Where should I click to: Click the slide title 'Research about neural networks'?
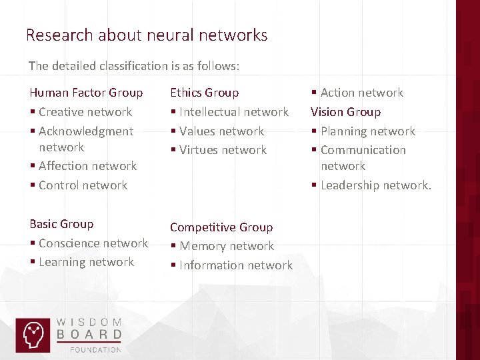147,35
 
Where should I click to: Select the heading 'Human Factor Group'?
86,93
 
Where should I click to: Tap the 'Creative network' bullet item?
85,112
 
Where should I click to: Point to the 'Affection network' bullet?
87,166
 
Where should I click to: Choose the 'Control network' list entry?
83,185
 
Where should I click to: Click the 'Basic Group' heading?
61,224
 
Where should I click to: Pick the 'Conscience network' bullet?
93,243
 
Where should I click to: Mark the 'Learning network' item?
86,262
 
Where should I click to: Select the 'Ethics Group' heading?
204,93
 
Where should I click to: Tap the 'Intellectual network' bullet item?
233,112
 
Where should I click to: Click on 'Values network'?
221,131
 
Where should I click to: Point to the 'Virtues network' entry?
223,150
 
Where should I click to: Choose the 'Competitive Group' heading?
221,227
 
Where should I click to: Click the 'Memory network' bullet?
226,246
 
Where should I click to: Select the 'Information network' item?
235,265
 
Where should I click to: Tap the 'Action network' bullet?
361,93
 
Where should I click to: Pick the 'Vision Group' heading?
345,112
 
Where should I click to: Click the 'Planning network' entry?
367,131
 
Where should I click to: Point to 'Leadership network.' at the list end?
375,185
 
